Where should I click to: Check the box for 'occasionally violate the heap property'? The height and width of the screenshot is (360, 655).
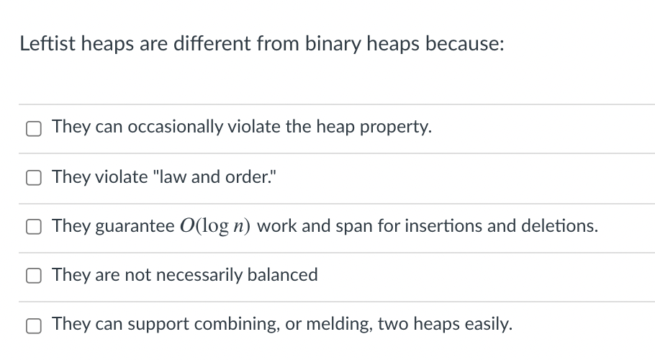[x=34, y=129]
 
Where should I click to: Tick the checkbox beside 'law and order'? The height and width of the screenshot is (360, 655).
[x=34, y=179]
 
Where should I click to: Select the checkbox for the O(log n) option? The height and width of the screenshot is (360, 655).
[x=34, y=228]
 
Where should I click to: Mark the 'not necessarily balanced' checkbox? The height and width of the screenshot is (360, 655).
[x=34, y=276]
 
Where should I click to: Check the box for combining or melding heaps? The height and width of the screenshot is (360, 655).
[x=34, y=325]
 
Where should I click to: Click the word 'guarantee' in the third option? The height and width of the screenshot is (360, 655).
[x=132, y=227]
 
